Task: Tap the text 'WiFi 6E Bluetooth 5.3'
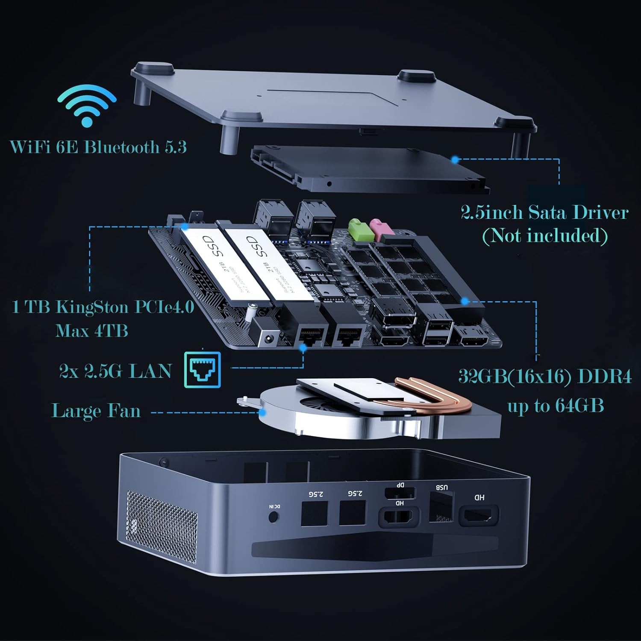coord(98,147)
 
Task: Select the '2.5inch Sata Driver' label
coord(544,212)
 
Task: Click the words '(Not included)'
coord(544,235)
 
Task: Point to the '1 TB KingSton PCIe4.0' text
coord(103,307)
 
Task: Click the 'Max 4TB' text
coord(91,330)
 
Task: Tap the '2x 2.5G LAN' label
coord(115,371)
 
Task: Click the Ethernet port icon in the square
coord(203,370)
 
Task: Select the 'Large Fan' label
coord(96,411)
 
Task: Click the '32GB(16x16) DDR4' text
coord(544,376)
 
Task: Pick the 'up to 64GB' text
coord(555,405)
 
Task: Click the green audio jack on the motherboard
coord(356,229)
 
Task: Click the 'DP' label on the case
coord(400,485)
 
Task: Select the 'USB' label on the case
coord(441,487)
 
